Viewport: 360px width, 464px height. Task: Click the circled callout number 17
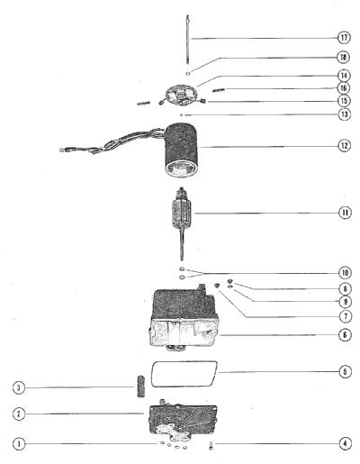pos(344,38)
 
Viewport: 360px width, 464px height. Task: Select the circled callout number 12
pos(345,146)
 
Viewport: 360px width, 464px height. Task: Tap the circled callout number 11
pos(345,213)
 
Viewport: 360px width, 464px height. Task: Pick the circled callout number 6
pos(345,334)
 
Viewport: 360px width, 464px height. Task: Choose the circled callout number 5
pos(345,371)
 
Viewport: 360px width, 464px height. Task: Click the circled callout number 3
pos(19,387)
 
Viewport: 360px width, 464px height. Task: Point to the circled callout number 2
pos(19,414)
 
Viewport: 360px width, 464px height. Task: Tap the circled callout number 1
pos(19,443)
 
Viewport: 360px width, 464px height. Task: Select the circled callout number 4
pos(345,443)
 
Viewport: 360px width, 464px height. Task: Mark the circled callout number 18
pos(344,57)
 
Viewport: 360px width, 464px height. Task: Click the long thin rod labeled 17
pos(188,39)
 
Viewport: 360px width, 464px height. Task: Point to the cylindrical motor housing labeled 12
pos(180,150)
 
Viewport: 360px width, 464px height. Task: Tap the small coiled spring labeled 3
pos(141,386)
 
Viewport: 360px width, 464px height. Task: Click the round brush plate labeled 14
pos(181,96)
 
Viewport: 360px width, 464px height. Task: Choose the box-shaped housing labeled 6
pos(184,317)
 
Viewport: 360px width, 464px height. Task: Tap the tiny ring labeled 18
pos(188,73)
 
